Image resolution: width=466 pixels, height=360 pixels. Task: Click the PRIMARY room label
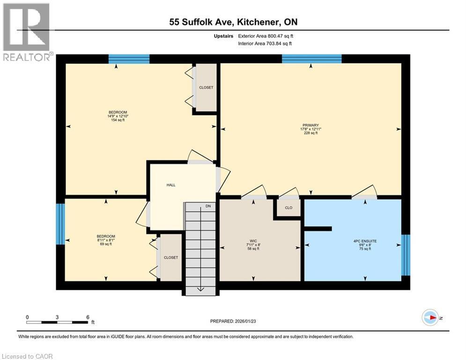pos(311,125)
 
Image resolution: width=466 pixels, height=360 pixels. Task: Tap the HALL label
pos(171,185)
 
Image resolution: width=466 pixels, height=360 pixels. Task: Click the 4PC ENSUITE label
pos(365,241)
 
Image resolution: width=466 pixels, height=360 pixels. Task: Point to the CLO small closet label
pos(288,208)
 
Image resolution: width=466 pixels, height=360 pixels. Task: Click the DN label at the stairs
pos(208,205)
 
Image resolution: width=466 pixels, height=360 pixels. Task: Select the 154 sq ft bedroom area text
pos(118,120)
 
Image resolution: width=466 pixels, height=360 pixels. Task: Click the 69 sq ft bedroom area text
pos(105,244)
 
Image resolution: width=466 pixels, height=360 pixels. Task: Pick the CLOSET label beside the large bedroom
pos(206,88)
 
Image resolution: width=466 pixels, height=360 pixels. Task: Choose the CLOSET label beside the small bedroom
pos(171,257)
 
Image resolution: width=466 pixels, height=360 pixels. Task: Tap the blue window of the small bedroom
pos(60,224)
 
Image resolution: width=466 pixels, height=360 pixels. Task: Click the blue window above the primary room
pos(311,59)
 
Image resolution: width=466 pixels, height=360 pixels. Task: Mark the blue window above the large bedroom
pos(129,59)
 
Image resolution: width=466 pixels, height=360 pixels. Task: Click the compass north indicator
pos(430,317)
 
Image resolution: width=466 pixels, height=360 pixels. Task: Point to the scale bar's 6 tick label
pos(88,317)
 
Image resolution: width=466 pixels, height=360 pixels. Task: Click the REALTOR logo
pos(27,32)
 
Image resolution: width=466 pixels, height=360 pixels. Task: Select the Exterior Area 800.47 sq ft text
pos(266,36)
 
